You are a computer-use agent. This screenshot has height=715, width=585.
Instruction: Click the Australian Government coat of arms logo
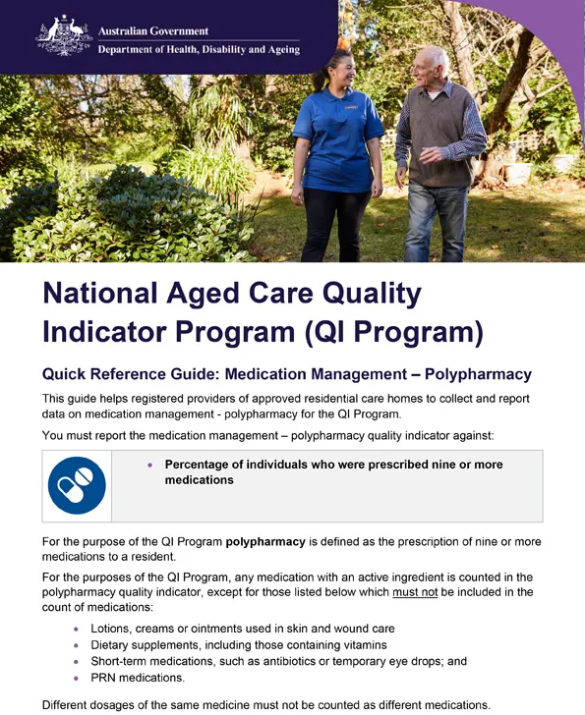pos(64,34)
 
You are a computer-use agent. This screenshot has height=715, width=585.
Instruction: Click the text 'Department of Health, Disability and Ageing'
pos(199,50)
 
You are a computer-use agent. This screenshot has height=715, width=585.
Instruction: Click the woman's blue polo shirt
pos(337,137)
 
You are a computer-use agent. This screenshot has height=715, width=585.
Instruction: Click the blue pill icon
pos(77,485)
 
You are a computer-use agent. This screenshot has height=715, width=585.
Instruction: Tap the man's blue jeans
pos(438,221)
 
